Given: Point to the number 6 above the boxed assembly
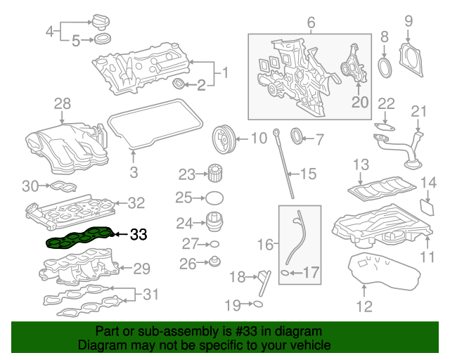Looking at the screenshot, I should [310, 23].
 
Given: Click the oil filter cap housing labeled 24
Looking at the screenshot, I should [214, 222].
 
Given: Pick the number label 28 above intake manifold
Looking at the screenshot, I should [63, 104].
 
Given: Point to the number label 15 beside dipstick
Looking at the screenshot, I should [309, 173].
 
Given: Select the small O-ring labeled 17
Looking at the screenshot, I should [285, 272].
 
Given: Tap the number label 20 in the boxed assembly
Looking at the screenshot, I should [360, 102].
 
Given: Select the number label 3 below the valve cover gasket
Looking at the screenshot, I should [134, 171].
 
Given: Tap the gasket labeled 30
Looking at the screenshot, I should [62, 186].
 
